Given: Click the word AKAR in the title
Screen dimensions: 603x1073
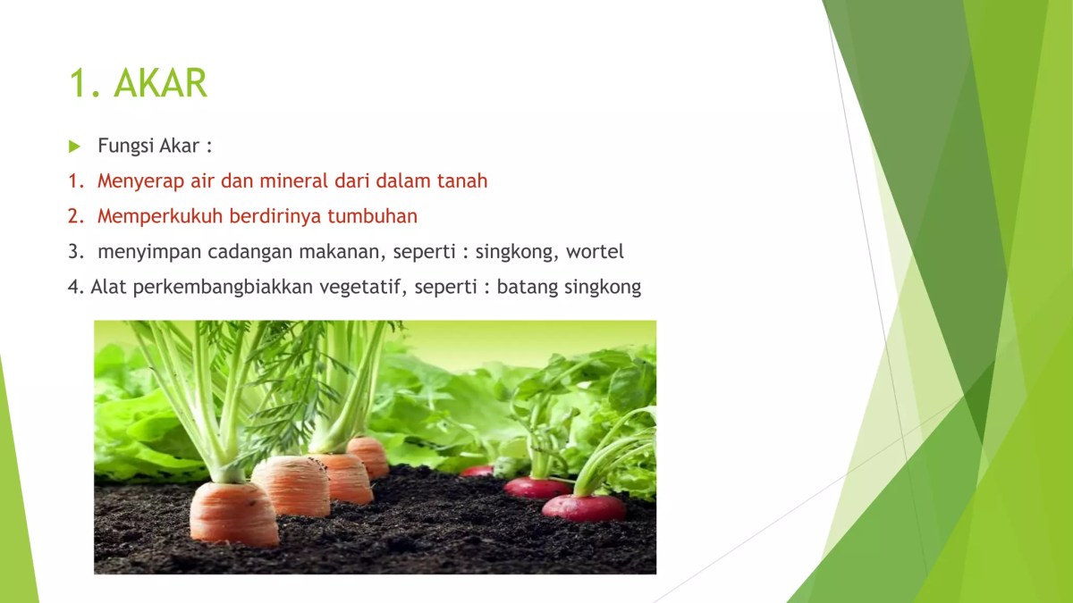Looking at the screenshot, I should coord(161,83).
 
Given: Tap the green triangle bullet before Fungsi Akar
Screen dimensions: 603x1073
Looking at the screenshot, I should coord(74,146).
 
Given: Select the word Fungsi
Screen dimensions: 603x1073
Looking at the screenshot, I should coord(126,146).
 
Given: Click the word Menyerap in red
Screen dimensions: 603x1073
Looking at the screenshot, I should coord(140,181).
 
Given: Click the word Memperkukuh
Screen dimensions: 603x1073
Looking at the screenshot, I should coord(159,216).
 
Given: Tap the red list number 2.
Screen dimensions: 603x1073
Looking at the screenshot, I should coord(74,216).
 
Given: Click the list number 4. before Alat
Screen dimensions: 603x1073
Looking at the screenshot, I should coord(75,288).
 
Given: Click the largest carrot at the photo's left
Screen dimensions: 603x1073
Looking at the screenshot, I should coord(233,513).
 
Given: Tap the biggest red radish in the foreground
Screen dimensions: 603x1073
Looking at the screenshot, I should coord(584,507).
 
